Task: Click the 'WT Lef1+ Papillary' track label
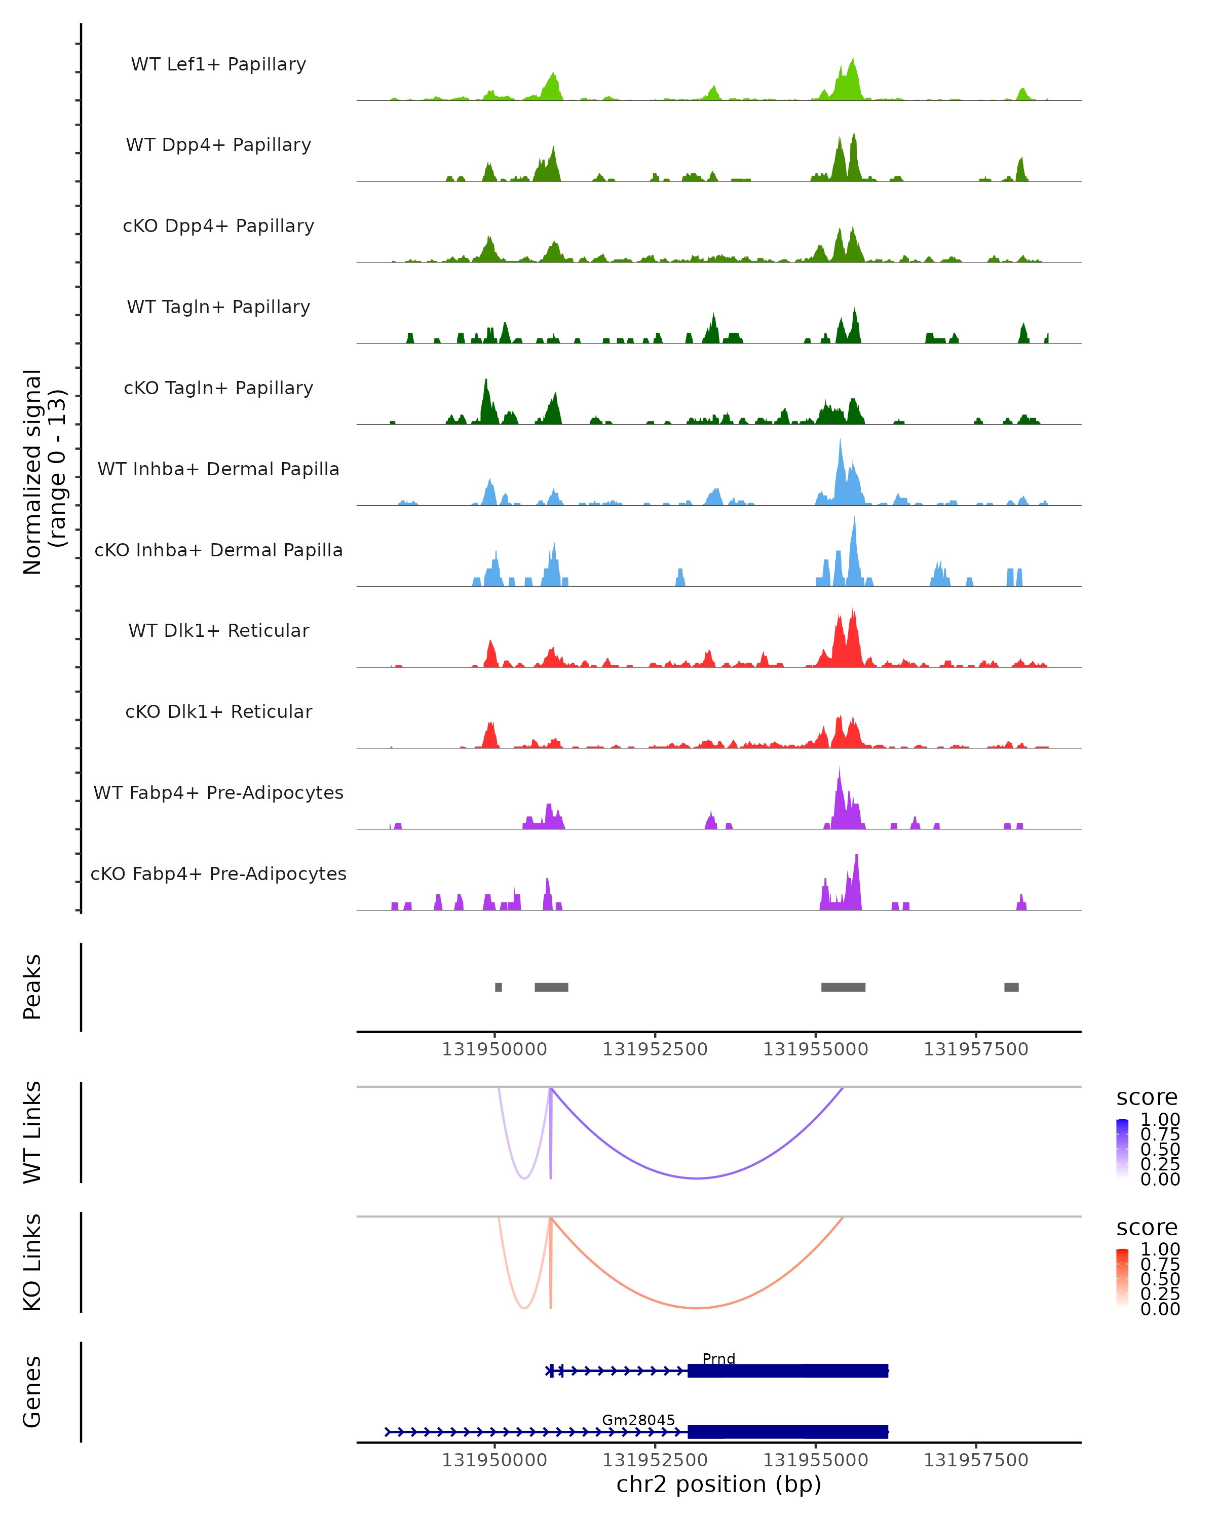click(x=218, y=64)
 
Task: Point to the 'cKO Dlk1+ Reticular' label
click(x=218, y=711)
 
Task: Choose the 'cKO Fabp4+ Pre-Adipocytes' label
click(x=218, y=873)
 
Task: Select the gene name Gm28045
click(x=638, y=1419)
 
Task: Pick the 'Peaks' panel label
click(x=32, y=986)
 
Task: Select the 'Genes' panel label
click(x=32, y=1392)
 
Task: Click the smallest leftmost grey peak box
click(x=499, y=987)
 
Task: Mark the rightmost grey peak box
click(x=1011, y=987)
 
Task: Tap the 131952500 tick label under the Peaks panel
click(x=655, y=1049)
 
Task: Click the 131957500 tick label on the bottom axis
click(x=976, y=1460)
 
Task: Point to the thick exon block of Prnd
click(x=787, y=1371)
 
